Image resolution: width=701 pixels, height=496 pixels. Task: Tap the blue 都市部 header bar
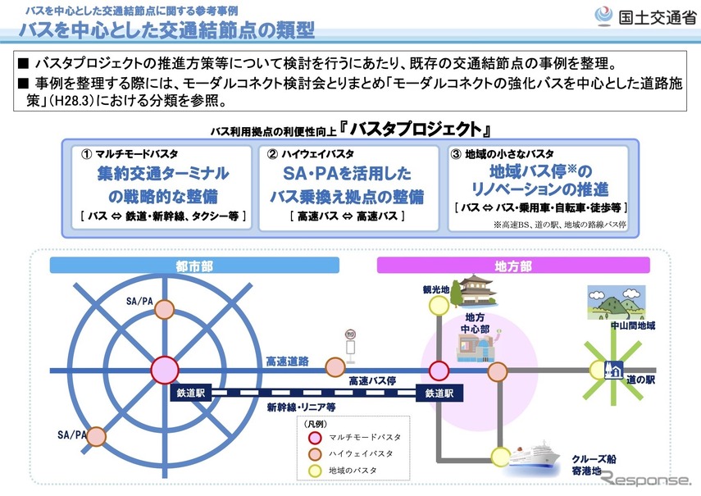[x=194, y=266]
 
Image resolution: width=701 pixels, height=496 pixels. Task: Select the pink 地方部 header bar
[x=513, y=266]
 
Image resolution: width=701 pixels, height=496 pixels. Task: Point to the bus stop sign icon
[x=351, y=342]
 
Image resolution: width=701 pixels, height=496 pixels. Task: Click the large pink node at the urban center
[x=164, y=370]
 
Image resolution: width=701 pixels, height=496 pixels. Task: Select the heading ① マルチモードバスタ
[x=130, y=154]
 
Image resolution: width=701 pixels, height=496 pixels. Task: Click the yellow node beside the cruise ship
[x=498, y=456]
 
